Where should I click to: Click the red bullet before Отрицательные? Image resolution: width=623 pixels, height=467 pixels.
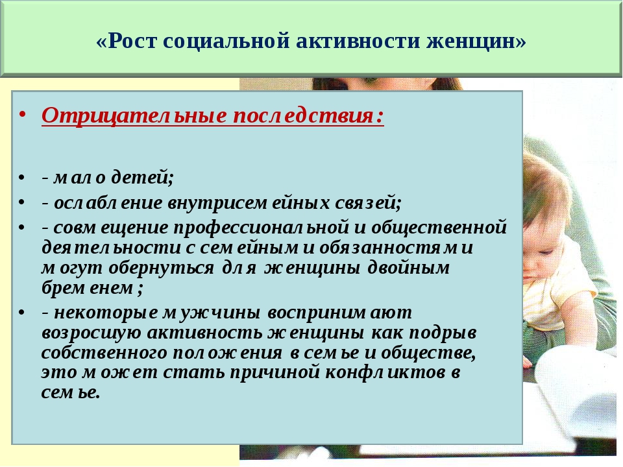pos(22,115)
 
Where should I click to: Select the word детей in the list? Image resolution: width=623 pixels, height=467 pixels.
pos(143,177)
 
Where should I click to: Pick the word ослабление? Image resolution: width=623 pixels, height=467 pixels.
pos(108,203)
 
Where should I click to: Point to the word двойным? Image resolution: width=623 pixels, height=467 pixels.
pos(408,268)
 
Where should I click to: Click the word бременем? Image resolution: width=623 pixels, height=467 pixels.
pos(92,288)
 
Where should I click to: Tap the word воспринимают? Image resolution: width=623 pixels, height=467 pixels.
pos(339,313)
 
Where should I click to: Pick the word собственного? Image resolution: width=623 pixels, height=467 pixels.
pos(104,353)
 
